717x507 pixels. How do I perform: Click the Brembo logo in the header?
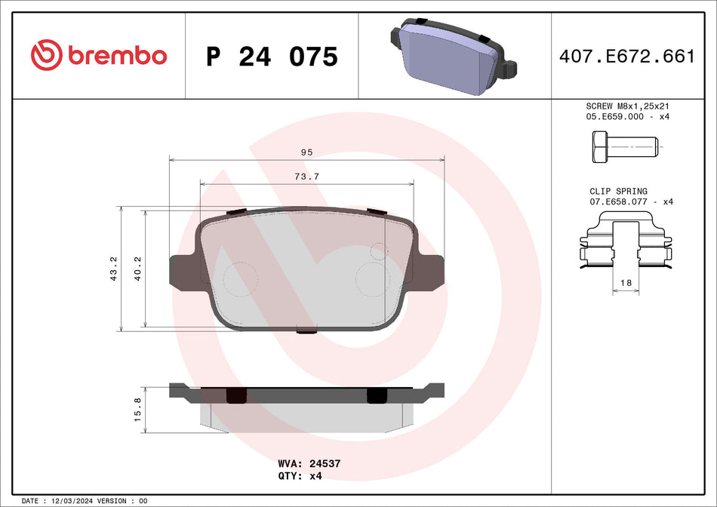(98, 55)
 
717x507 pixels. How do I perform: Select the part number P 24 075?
(272, 57)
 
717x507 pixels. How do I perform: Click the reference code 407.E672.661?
(626, 56)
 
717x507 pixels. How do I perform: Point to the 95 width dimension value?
(306, 152)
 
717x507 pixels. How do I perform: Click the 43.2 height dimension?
(114, 269)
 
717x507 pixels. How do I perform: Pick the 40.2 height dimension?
(138, 269)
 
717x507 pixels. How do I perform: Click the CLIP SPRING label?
(618, 192)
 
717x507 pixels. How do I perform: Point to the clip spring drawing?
(626, 241)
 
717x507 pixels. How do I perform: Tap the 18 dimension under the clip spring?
(625, 282)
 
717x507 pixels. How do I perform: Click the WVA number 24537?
(325, 463)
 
